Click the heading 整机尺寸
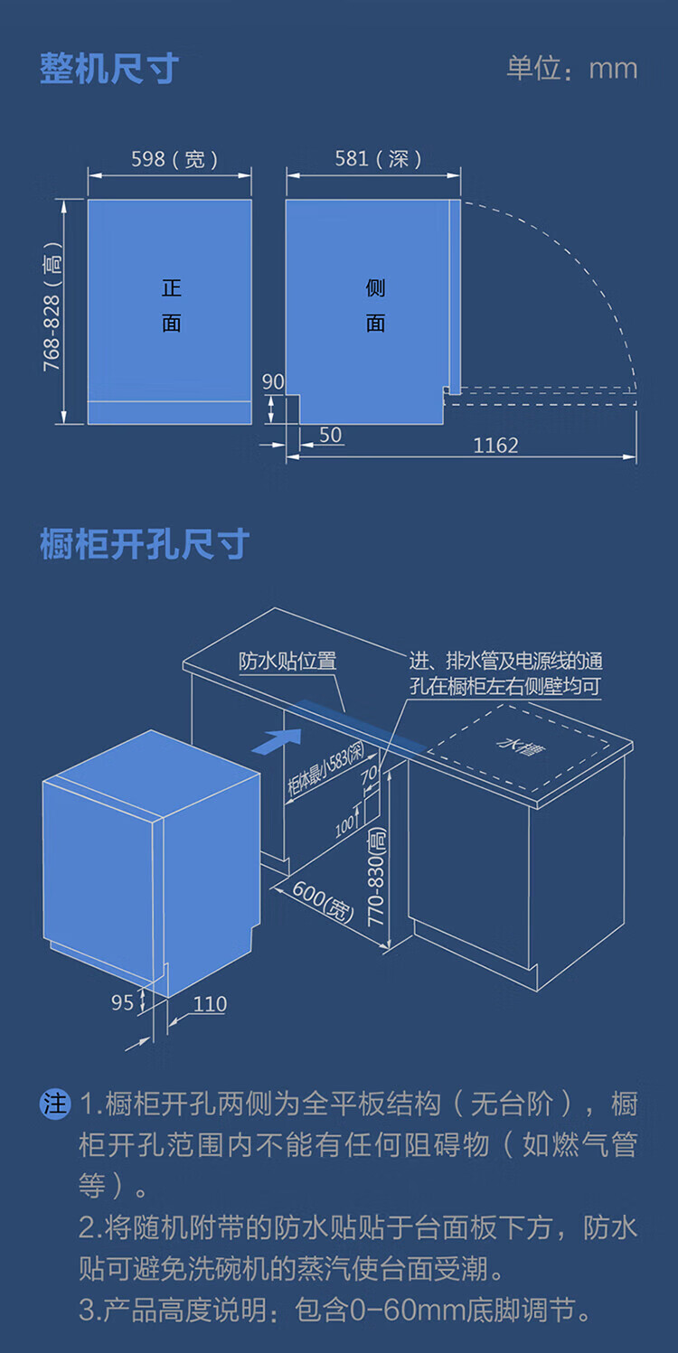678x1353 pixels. point(109,69)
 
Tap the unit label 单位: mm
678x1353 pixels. point(571,69)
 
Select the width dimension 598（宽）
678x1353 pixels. point(174,159)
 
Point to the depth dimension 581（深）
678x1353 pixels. point(378,159)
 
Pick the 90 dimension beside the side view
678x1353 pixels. point(273,381)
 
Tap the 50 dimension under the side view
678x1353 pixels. point(331,435)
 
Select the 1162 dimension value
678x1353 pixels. point(495,446)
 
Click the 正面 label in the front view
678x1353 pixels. point(172,305)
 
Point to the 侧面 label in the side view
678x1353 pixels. point(375,305)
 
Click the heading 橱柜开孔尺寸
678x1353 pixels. point(145,544)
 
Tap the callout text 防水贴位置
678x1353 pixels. point(287,661)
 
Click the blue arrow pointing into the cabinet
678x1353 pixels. point(277,741)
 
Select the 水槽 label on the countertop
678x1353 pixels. point(521,747)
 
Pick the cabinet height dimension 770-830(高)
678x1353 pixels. point(376,877)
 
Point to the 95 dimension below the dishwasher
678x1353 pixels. point(122,1002)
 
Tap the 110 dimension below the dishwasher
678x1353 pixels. point(210,1004)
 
